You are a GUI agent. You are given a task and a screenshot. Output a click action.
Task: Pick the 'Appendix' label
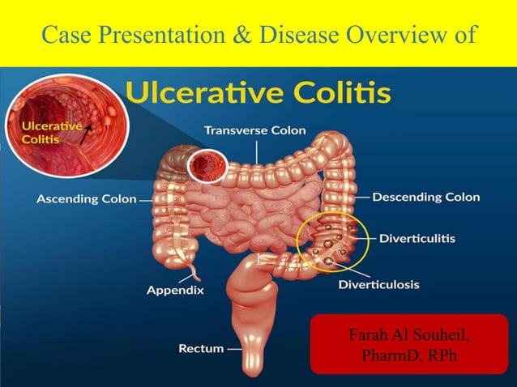175,289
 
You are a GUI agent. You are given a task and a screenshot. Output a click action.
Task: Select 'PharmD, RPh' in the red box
396,354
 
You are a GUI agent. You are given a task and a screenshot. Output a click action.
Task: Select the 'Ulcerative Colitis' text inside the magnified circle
51,132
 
